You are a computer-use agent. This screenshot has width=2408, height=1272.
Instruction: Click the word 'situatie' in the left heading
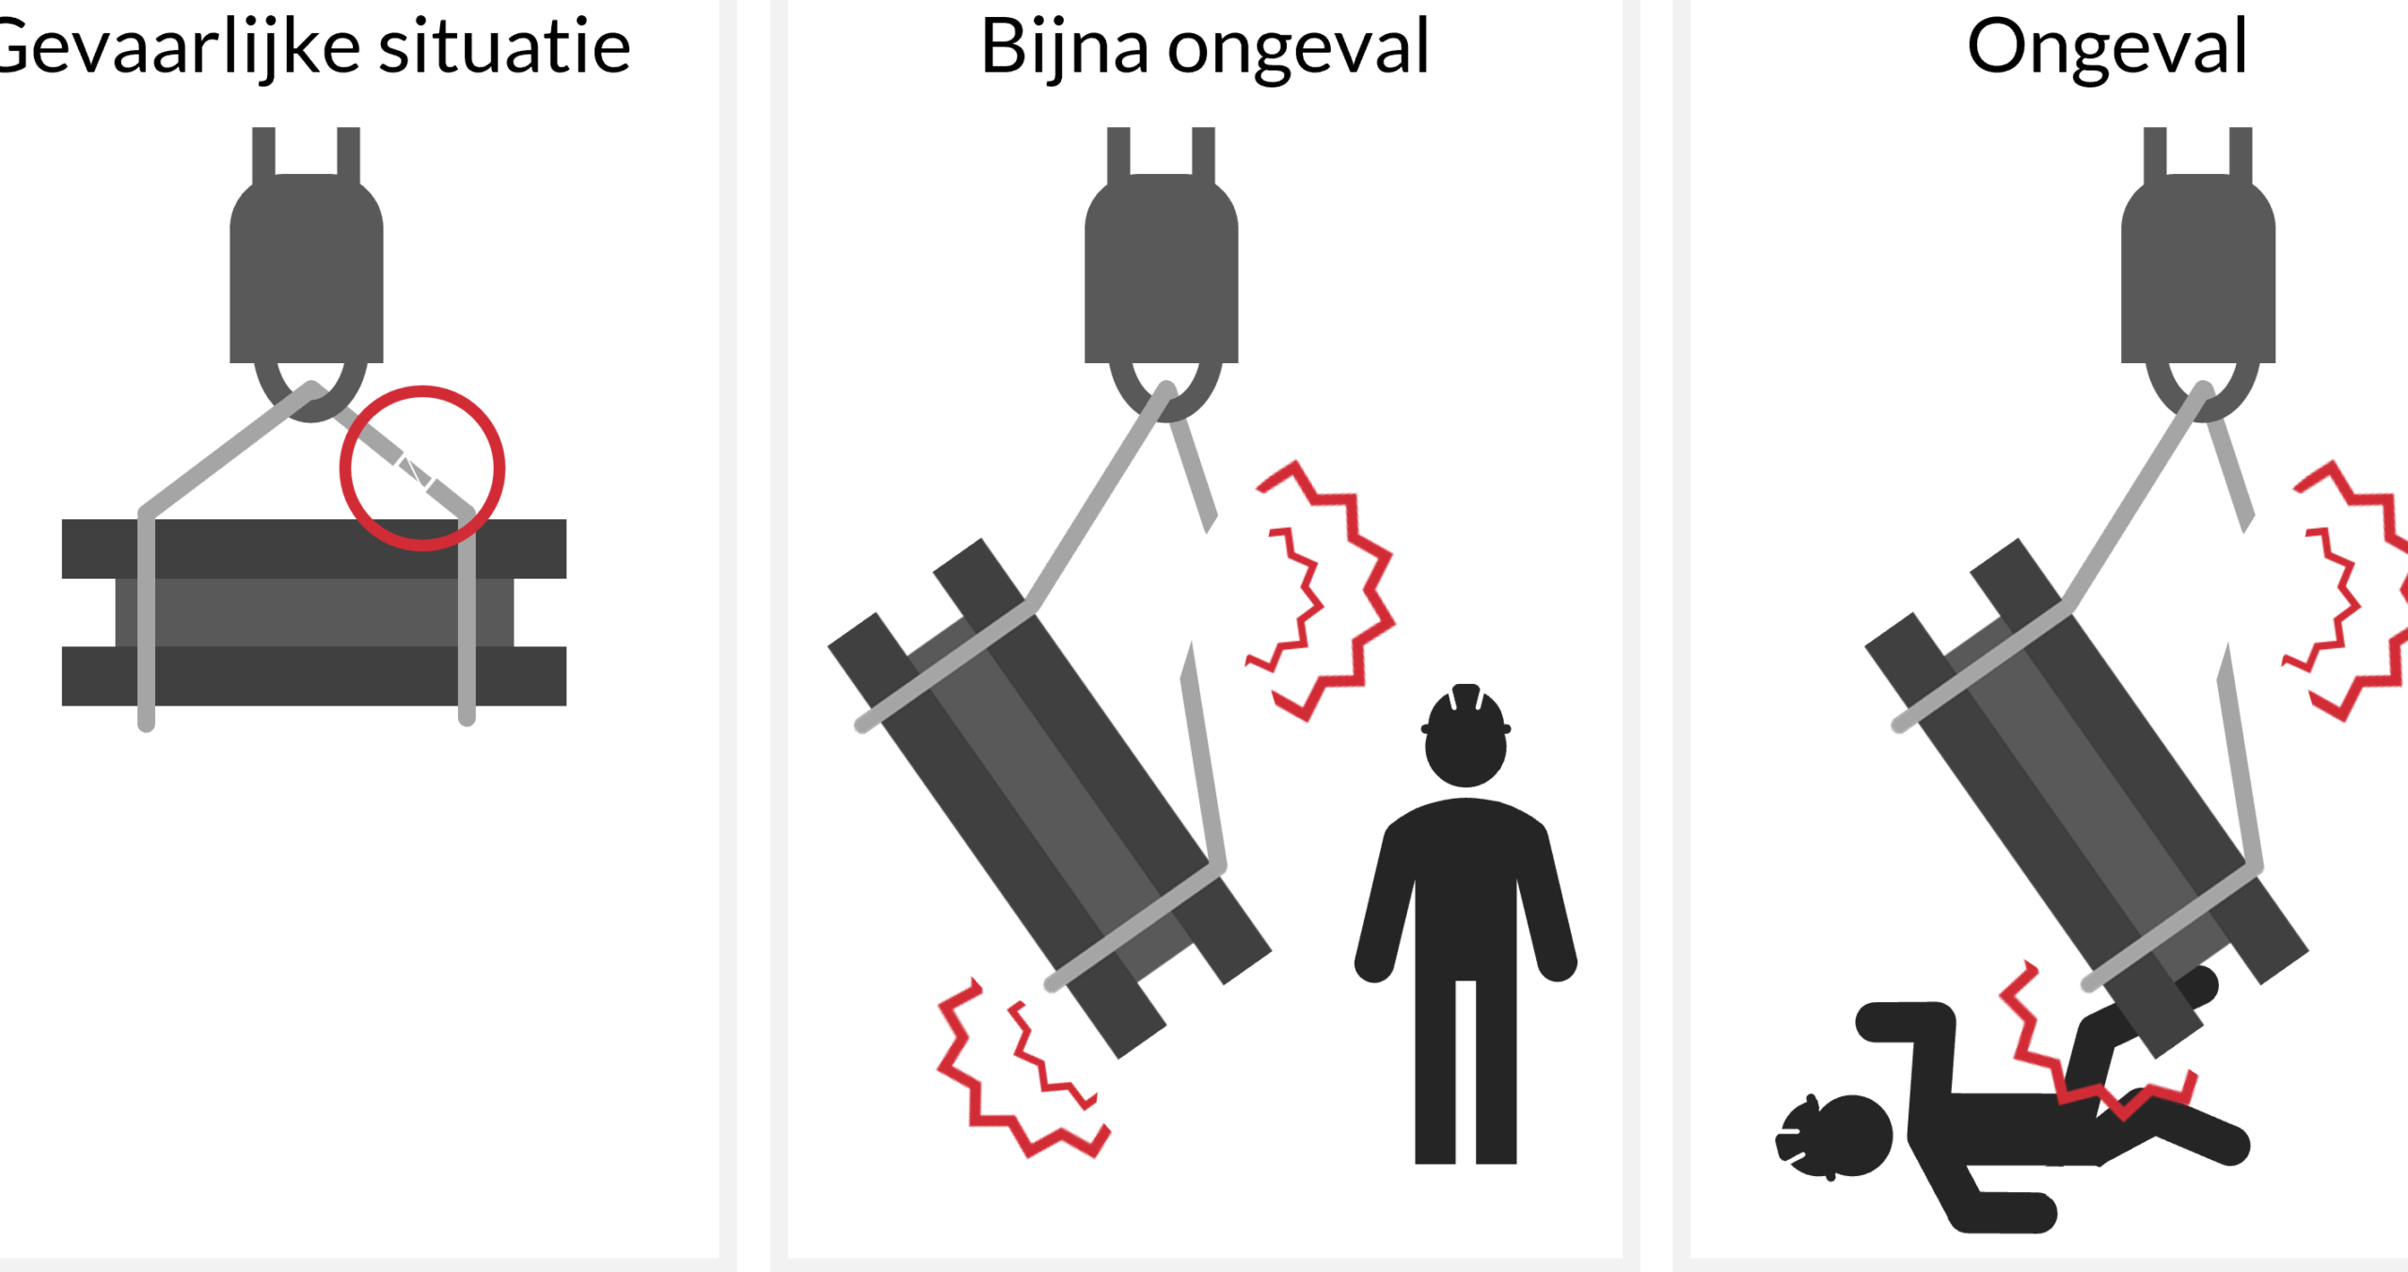click(x=504, y=47)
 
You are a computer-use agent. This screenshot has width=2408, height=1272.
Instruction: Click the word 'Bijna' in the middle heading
click(x=1064, y=49)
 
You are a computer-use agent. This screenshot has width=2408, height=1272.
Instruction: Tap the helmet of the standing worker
click(x=1465, y=708)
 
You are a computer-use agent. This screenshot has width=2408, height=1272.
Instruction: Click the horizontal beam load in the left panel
click(x=314, y=612)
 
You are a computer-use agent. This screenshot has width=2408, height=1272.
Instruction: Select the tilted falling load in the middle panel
click(x=1049, y=798)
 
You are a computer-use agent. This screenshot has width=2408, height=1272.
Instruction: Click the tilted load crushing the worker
click(x=2086, y=798)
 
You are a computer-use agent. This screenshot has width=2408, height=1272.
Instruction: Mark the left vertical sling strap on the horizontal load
click(x=147, y=621)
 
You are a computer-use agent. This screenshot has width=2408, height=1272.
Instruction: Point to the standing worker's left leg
click(x=1435, y=1073)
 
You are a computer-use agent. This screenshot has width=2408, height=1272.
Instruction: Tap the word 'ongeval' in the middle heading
click(x=1298, y=49)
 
